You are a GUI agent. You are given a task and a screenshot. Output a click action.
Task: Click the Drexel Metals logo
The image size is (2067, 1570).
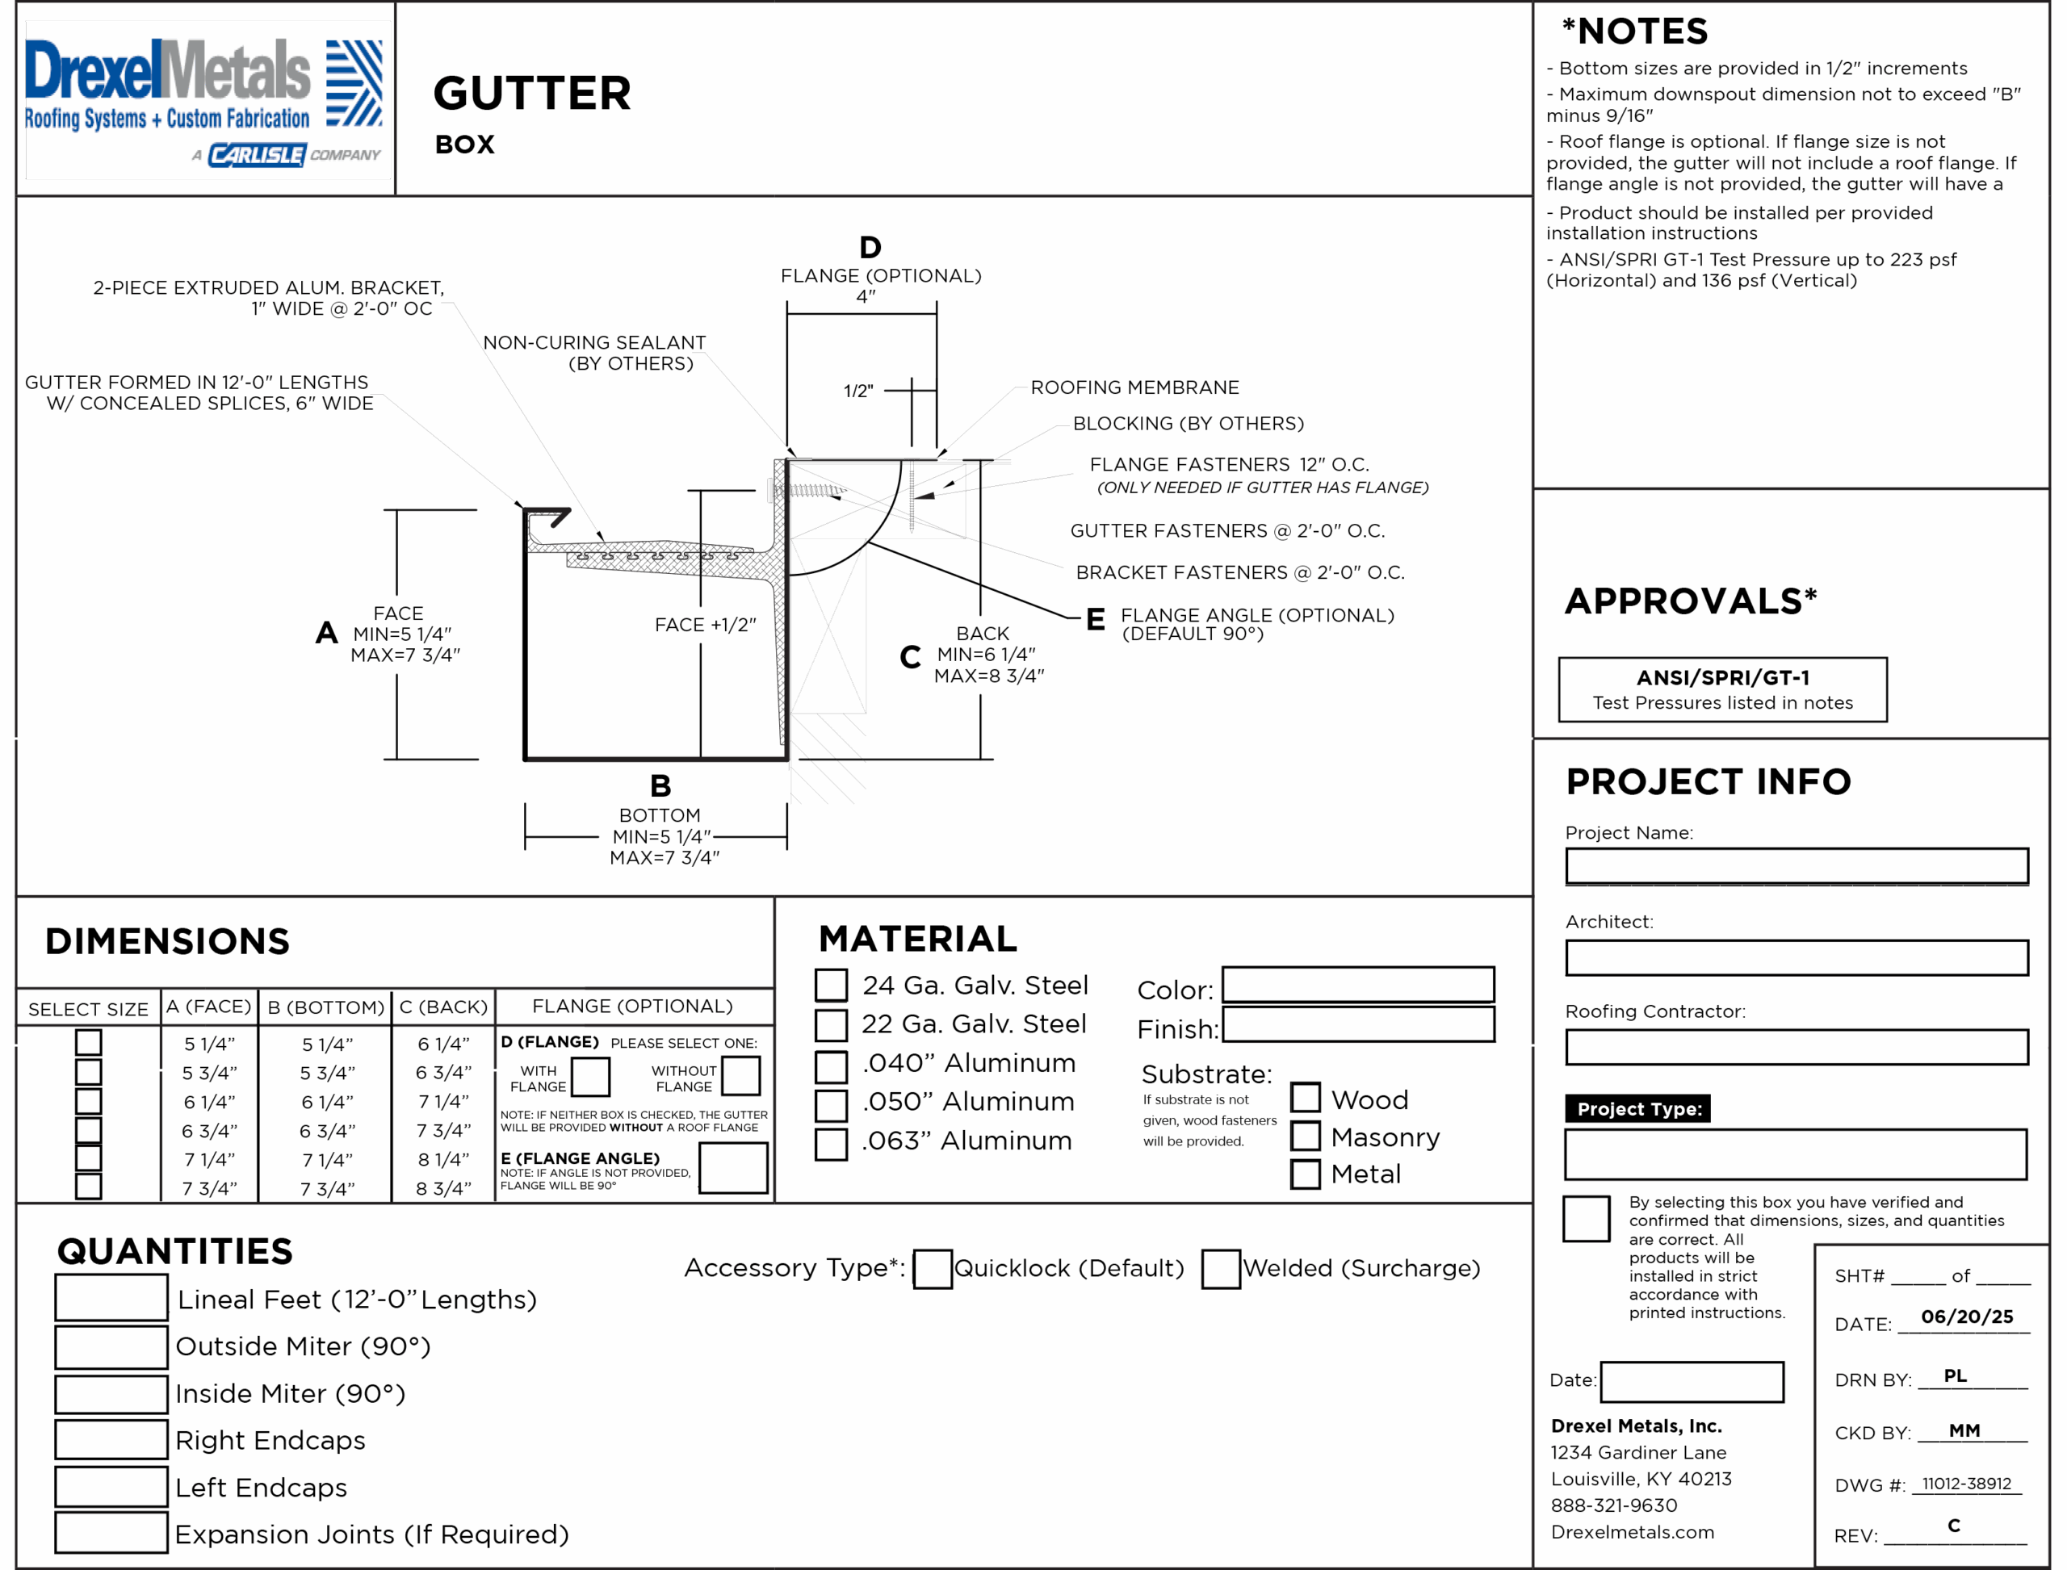(203, 101)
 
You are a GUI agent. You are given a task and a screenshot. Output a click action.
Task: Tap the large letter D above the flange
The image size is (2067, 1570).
(870, 248)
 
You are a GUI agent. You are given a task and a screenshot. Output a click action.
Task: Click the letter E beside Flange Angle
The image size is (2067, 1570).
(1095, 618)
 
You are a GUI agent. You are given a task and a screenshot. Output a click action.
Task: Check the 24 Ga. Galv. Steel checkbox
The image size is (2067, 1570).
(830, 985)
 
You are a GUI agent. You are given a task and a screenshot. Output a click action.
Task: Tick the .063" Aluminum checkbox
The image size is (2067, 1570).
(830, 1143)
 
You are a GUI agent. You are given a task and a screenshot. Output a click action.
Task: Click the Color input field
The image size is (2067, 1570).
(1357, 984)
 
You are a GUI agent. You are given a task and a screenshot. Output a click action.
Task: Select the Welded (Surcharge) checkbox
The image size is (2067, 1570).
(1220, 1268)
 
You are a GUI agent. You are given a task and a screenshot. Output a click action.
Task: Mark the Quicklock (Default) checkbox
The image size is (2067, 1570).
(932, 1268)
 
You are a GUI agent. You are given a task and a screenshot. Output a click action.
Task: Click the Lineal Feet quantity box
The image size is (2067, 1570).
(111, 1298)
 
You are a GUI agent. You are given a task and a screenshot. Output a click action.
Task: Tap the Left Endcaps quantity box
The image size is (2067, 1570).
(111, 1486)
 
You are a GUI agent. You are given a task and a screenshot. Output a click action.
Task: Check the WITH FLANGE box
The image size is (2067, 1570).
(590, 1077)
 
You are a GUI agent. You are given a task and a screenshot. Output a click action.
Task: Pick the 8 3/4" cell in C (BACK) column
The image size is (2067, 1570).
(443, 1189)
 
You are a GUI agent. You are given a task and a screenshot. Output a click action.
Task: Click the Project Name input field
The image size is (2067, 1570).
(1796, 865)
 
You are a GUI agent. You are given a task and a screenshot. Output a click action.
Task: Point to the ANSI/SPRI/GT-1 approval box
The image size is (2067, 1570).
(1722, 689)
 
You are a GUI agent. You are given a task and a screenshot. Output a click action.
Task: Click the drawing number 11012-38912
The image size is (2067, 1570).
(1966, 1483)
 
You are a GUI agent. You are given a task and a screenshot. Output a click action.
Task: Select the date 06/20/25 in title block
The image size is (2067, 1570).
(1967, 1317)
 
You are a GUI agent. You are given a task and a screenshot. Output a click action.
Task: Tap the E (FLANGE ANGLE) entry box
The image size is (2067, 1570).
(733, 1168)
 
